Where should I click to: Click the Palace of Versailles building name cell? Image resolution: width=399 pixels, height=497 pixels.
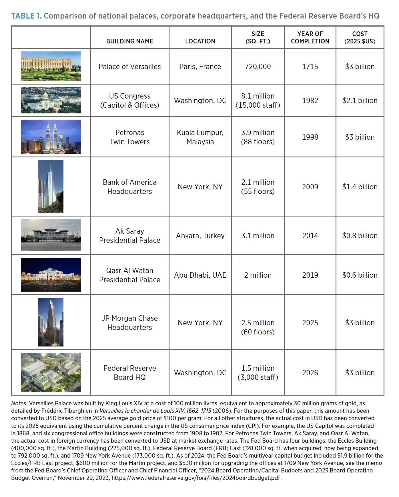[129, 67]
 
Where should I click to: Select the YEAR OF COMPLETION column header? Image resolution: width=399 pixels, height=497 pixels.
[310, 38]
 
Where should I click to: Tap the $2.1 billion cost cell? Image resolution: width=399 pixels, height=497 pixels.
[360, 101]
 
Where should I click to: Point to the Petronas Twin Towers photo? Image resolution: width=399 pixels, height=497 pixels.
[51, 137]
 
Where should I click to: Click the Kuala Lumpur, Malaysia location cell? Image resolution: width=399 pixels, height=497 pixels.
[200, 137]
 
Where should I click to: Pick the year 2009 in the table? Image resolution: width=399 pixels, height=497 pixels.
[310, 187]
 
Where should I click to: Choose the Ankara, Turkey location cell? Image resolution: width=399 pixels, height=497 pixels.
[200, 236]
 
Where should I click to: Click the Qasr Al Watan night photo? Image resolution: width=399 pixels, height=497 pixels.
[51, 275]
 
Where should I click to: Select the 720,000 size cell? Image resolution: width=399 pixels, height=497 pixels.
[258, 67]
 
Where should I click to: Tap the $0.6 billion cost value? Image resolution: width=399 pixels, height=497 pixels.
[360, 275]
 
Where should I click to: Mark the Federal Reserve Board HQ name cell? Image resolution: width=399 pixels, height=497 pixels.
[129, 373]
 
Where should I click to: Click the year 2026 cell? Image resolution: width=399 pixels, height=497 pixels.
[310, 373]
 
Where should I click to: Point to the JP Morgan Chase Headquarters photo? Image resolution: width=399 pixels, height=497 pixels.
[51, 322]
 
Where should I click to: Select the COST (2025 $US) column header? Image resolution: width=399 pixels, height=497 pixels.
[360, 38]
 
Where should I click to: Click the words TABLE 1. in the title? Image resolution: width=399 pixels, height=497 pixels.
[26, 16]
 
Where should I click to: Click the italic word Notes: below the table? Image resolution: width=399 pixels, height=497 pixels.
[19, 403]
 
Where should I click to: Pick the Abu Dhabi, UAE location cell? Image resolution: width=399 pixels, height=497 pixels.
[200, 275]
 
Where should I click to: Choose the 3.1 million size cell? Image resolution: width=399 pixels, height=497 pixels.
[258, 236]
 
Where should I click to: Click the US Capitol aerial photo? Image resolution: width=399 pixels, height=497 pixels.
[51, 100]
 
